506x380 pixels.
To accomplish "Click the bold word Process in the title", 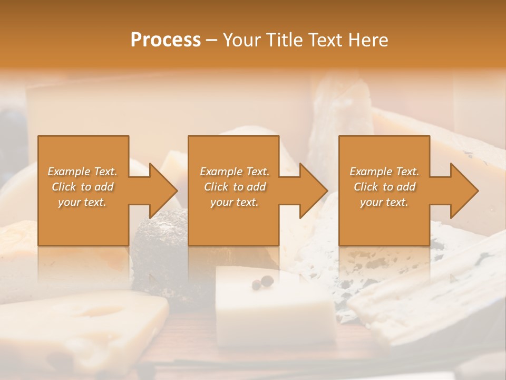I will tap(166, 40).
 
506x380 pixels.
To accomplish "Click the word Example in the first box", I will tap(69, 172).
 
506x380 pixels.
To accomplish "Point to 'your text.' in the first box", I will tap(82, 202).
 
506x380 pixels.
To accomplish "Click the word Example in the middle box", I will tap(221, 172).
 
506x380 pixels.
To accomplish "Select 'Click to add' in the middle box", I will tap(235, 187).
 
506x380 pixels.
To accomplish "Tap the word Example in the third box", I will tap(371, 172).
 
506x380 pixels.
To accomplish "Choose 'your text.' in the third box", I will tap(384, 202).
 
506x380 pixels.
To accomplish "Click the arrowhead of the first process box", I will tap(163, 191).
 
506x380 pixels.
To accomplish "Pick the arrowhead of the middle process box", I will tap(313, 191).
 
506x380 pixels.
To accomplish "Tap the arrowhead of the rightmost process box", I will tap(464, 191).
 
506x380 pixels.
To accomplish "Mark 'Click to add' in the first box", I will tap(82, 187).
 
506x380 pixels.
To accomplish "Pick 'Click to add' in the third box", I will tap(384, 187).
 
